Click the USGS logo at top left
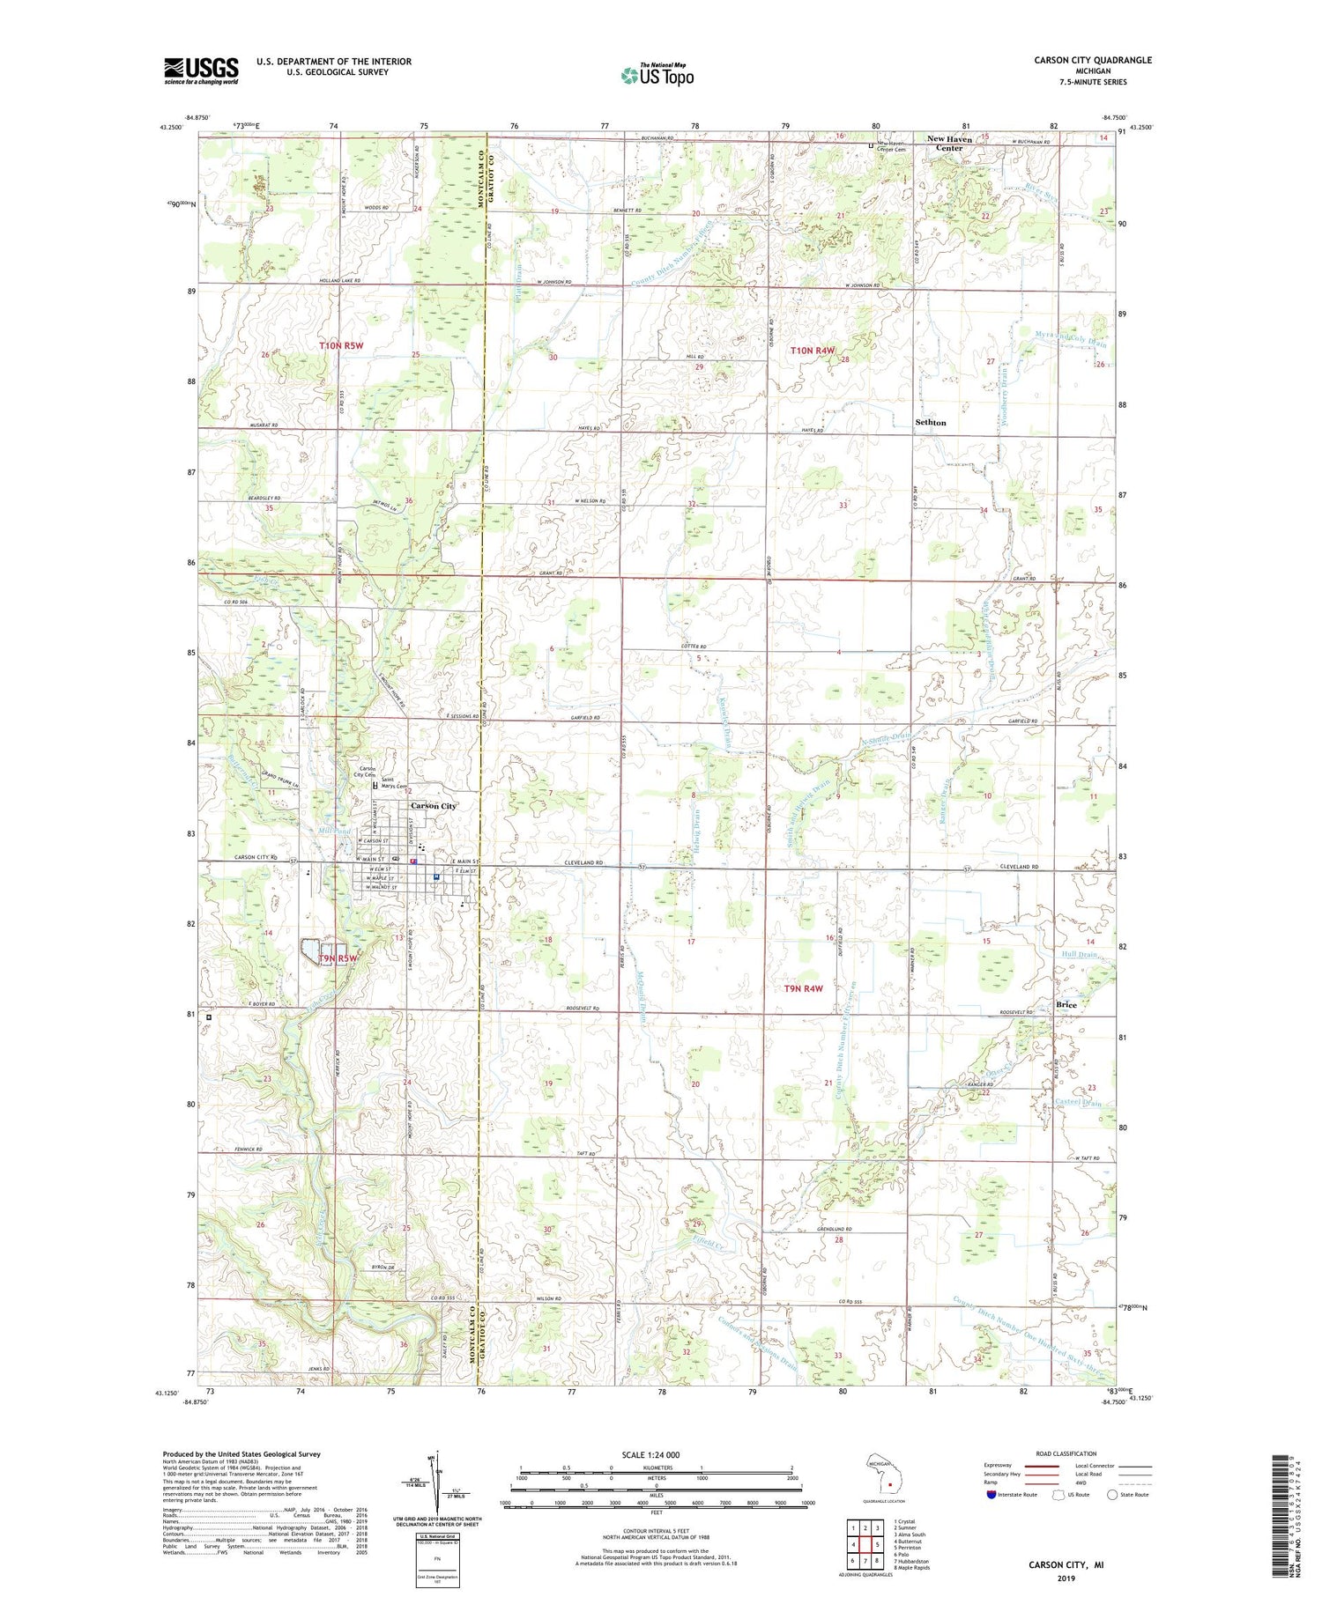click(201, 70)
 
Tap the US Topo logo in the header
click(657, 76)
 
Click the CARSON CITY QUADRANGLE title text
click(1093, 61)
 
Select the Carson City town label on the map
click(434, 806)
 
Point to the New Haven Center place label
click(949, 144)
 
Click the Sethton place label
click(930, 423)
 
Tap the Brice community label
click(1066, 1004)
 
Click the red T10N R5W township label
click(341, 346)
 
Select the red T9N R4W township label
click(803, 988)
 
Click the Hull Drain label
click(1080, 955)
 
